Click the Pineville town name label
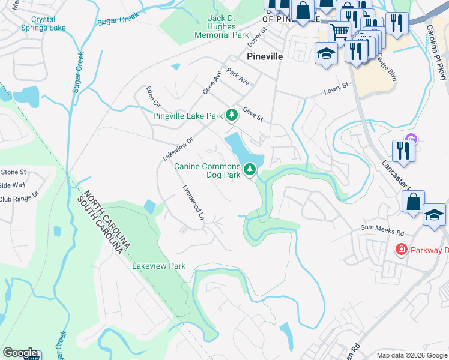coord(264,56)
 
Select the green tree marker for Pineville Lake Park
coord(231,115)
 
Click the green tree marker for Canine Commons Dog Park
coord(250,170)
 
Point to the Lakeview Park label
coord(159,266)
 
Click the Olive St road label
coord(253,113)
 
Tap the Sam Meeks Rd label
coord(382,228)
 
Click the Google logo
coord(20,353)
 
